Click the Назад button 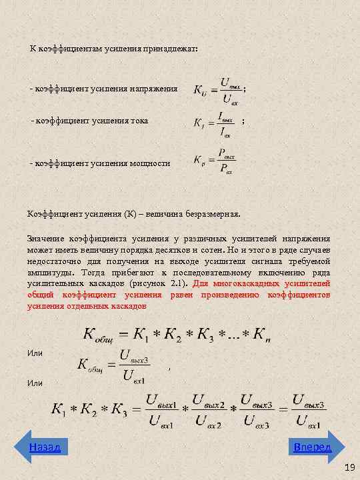click(x=45, y=447)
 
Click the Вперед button click(x=312, y=447)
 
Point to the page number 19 click(x=349, y=469)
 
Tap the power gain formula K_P click(x=215, y=161)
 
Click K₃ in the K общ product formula click(x=203, y=334)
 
